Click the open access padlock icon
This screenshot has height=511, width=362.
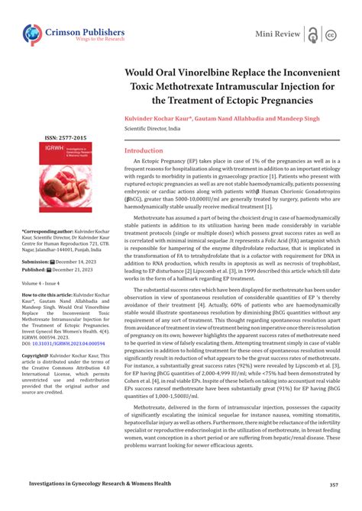click(x=313, y=34)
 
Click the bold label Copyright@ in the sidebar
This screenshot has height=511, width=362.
click(x=36, y=355)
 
